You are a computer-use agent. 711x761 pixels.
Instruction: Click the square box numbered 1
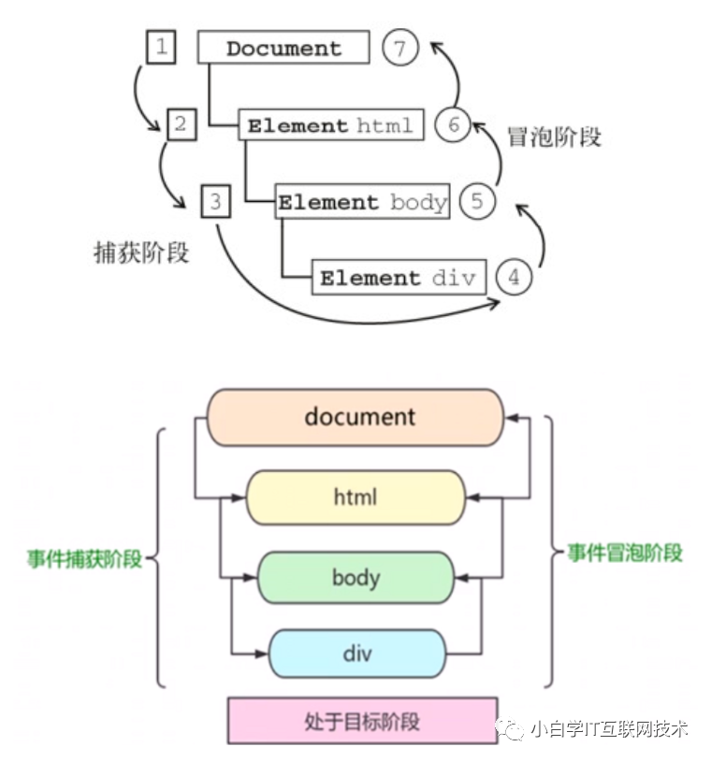(x=162, y=47)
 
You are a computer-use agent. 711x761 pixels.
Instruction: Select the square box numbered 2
(x=181, y=124)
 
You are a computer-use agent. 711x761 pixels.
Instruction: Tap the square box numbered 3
(x=215, y=201)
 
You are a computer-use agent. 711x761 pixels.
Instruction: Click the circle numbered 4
(x=515, y=278)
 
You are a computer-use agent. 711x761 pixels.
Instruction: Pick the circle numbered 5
(x=477, y=202)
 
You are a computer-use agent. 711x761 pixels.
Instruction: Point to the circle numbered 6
(x=453, y=125)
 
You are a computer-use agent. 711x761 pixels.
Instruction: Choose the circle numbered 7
(x=400, y=49)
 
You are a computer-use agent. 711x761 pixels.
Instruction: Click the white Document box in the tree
(x=283, y=49)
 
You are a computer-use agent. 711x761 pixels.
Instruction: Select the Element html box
(x=331, y=125)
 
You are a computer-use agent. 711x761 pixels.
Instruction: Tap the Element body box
(x=362, y=202)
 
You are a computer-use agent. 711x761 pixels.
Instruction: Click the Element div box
(x=399, y=278)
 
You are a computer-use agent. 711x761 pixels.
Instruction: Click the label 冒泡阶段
(x=554, y=136)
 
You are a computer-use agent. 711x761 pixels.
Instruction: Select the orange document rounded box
(x=355, y=417)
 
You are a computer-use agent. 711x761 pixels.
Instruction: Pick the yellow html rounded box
(x=355, y=496)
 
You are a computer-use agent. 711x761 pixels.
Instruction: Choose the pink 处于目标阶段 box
(x=362, y=721)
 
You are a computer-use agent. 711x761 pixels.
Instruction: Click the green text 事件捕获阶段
(x=84, y=559)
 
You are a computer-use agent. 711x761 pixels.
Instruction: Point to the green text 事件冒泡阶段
(x=625, y=553)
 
